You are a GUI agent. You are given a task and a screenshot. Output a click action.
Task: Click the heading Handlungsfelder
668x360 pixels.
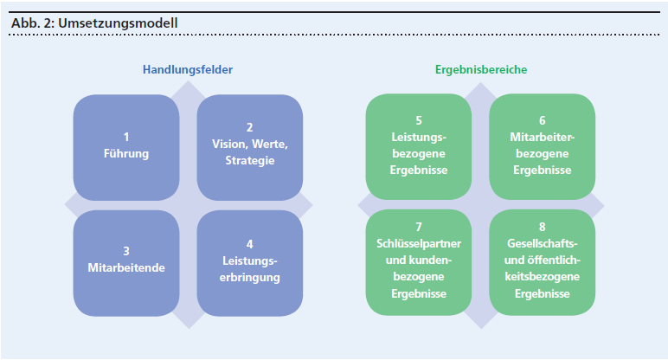(188, 69)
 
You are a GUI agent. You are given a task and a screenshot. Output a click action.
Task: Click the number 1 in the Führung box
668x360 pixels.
(126, 137)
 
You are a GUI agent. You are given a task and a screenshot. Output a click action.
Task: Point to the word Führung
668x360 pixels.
(126, 153)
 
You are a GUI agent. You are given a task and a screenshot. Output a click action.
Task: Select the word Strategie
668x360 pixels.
(249, 161)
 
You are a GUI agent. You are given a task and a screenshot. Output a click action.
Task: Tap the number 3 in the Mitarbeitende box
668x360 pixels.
(126, 251)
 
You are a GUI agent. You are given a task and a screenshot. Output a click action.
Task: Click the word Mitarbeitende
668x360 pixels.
(126, 267)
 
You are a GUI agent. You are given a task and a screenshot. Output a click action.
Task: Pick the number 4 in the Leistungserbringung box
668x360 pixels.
(249, 244)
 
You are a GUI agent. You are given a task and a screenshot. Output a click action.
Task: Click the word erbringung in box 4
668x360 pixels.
(249, 278)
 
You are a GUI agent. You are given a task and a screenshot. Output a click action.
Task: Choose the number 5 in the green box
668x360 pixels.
(419, 120)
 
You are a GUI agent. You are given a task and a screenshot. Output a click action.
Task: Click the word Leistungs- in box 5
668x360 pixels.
(419, 137)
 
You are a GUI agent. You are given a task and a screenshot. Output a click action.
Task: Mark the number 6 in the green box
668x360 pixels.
(542, 120)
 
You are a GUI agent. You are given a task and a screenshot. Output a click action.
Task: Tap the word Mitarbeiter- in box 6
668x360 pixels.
(542, 137)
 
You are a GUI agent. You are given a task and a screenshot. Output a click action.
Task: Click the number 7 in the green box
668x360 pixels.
(419, 227)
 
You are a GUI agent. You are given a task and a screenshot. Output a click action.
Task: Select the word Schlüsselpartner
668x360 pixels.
(419, 243)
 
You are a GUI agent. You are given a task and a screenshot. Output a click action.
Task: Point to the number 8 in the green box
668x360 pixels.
(542, 227)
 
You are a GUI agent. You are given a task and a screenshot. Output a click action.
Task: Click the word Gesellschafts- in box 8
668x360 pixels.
(542, 243)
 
